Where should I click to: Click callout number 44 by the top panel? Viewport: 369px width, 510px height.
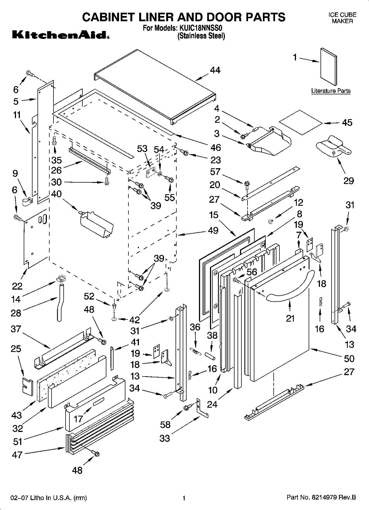215,70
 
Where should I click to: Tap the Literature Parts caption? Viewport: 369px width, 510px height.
331,91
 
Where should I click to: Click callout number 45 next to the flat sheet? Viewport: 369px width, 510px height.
347,122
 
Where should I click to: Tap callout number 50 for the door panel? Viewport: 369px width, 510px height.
349,359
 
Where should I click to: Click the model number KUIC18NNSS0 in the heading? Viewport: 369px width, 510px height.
201,28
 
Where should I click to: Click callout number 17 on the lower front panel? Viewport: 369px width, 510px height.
78,419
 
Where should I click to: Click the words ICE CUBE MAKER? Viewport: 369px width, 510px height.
342,18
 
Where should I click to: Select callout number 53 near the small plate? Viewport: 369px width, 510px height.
142,149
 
